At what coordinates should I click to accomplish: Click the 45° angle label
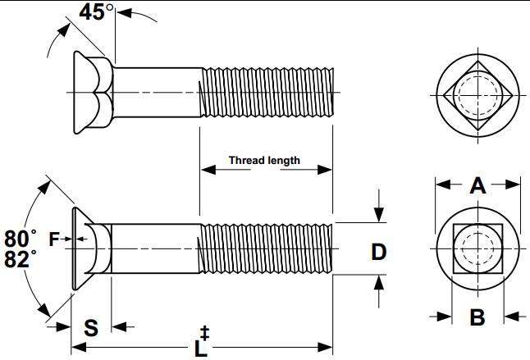[96, 12]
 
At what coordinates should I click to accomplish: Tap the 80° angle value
[21, 239]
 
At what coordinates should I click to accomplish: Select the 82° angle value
[21, 258]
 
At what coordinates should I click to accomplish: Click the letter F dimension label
[54, 239]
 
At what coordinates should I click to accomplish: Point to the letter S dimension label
[91, 327]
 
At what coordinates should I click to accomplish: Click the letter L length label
[201, 349]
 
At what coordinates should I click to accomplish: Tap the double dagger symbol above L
[204, 333]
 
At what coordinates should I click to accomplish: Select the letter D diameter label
[378, 252]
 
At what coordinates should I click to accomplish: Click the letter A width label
[477, 185]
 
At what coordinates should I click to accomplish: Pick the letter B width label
[477, 317]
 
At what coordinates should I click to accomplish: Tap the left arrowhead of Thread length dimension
[208, 169]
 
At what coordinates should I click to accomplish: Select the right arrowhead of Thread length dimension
[325, 169]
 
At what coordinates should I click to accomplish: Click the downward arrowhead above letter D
[379, 215]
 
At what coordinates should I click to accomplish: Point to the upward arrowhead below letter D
[379, 282]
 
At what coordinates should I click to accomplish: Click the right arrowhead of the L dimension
[325, 347]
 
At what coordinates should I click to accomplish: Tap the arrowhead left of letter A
[444, 185]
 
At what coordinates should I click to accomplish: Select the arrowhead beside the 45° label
[124, 13]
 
